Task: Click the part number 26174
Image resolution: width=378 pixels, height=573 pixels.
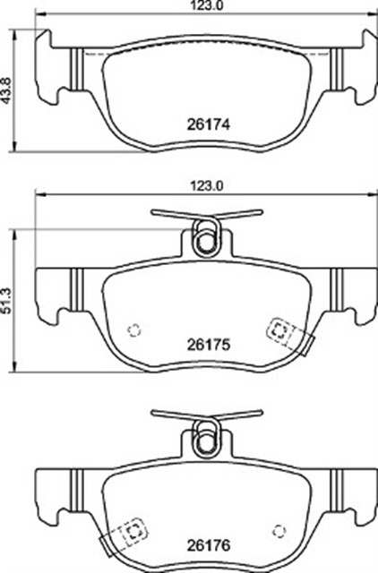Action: [x=209, y=125]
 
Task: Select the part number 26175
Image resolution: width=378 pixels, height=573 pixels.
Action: [x=209, y=344]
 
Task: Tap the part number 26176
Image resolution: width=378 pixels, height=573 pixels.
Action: [x=209, y=545]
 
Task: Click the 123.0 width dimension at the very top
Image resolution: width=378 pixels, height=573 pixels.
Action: [x=207, y=5]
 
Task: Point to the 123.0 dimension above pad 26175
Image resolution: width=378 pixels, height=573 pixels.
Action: [x=207, y=186]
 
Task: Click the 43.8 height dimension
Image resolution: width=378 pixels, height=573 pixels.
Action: [x=6, y=90]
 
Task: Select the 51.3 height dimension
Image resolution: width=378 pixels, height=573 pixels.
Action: [x=6, y=301]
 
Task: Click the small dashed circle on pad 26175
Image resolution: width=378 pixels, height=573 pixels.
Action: [x=134, y=330]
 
